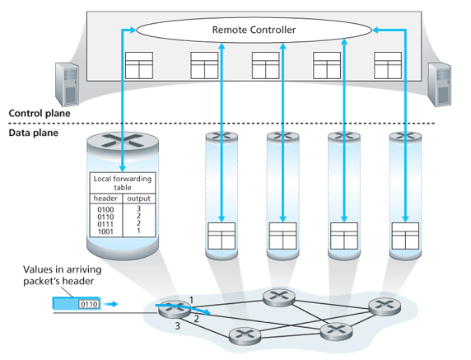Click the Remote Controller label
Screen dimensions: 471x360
(254, 30)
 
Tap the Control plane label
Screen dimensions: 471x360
(40, 114)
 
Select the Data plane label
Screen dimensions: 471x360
(33, 133)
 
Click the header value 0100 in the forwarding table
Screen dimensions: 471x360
(105, 209)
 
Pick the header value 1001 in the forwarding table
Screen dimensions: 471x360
(105, 231)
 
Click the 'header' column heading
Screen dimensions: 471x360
(105, 199)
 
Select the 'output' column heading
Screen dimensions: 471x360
(138, 199)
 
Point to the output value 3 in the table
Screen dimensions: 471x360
(138, 208)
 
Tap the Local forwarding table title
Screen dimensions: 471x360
(123, 183)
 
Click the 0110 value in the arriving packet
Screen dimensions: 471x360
(89, 305)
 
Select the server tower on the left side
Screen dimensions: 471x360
(68, 85)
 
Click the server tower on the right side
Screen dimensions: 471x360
(440, 85)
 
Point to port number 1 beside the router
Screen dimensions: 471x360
(191, 300)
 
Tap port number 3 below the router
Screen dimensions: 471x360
(178, 325)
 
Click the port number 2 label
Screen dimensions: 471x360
(196, 319)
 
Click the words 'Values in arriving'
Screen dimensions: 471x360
(63, 269)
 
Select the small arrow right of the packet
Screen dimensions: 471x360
(112, 305)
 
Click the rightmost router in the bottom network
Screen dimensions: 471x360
(385, 306)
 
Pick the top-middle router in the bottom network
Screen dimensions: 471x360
(279, 297)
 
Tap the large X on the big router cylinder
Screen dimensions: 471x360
(123, 141)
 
